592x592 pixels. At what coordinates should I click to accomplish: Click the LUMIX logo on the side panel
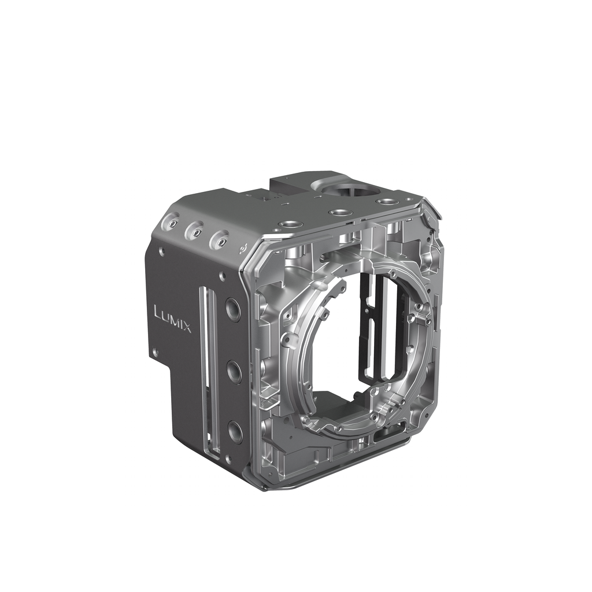pos(173,319)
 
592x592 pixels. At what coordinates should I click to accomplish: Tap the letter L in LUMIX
pos(158,311)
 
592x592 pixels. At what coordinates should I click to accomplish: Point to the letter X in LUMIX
pos(187,327)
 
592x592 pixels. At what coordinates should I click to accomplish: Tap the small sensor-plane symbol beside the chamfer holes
pos(243,249)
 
